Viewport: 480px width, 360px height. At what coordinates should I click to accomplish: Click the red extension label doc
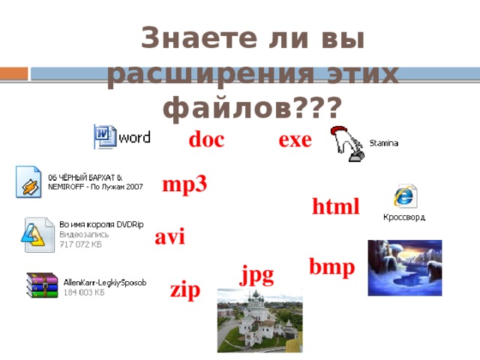(x=206, y=140)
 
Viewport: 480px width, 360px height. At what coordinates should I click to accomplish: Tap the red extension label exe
(x=295, y=140)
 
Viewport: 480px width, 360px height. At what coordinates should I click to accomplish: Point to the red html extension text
(x=336, y=206)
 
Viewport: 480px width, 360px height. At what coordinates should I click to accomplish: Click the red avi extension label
(x=169, y=237)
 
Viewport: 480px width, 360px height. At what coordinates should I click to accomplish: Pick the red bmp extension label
(x=332, y=266)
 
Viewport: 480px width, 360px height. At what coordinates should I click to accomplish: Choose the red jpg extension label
(x=256, y=273)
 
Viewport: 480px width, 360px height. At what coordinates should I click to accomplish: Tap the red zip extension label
(x=185, y=290)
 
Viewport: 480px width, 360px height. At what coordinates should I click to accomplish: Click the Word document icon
(x=105, y=136)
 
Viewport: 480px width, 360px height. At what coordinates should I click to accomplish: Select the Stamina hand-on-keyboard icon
(x=347, y=142)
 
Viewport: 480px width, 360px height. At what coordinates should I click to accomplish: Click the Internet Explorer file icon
(x=405, y=196)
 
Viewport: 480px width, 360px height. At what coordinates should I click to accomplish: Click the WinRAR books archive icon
(x=42, y=286)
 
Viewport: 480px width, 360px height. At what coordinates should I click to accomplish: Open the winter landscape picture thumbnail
(x=404, y=268)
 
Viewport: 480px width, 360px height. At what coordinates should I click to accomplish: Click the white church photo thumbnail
(x=259, y=320)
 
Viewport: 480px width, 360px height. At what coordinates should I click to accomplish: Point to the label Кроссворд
(x=404, y=217)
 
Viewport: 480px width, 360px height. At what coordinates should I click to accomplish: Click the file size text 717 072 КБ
(x=81, y=244)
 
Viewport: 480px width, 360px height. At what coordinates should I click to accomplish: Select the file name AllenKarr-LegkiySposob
(x=104, y=282)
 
